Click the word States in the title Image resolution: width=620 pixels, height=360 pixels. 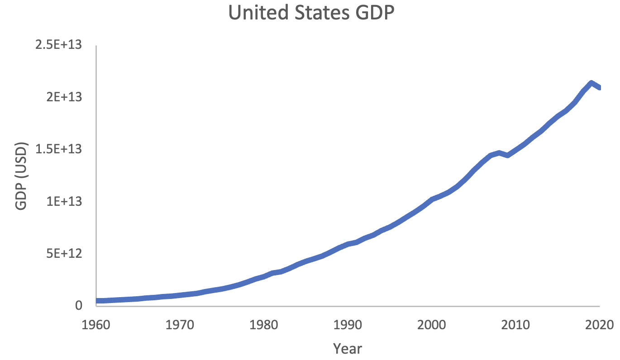click(x=323, y=13)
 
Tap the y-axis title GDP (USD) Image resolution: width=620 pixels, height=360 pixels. click(x=21, y=176)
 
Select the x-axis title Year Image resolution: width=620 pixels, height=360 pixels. click(x=348, y=348)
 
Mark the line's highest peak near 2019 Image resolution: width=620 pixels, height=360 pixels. click(x=591, y=83)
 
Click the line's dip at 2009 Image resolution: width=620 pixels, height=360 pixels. click(x=507, y=155)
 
